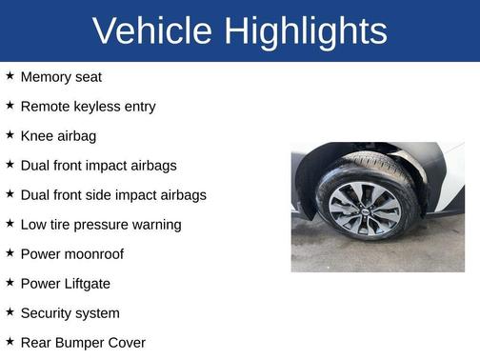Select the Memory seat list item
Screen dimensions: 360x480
[61, 77]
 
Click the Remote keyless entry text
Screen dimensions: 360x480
[88, 107]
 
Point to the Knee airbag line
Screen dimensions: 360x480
[58, 136]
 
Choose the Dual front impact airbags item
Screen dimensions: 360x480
[98, 166]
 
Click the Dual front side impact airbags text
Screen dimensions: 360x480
[113, 195]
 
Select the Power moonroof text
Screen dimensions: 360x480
[71, 254]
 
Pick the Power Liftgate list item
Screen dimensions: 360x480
[65, 284]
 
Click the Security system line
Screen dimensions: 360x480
[70, 313]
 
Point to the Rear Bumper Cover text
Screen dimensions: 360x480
[83, 343]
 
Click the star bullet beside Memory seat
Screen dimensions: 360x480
[10, 76]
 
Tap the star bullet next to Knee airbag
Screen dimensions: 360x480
[10, 135]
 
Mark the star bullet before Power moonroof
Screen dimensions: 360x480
[10, 253]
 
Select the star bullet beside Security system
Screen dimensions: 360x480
[10, 312]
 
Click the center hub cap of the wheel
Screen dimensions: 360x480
[365, 210]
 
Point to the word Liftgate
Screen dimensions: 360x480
[85, 284]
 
